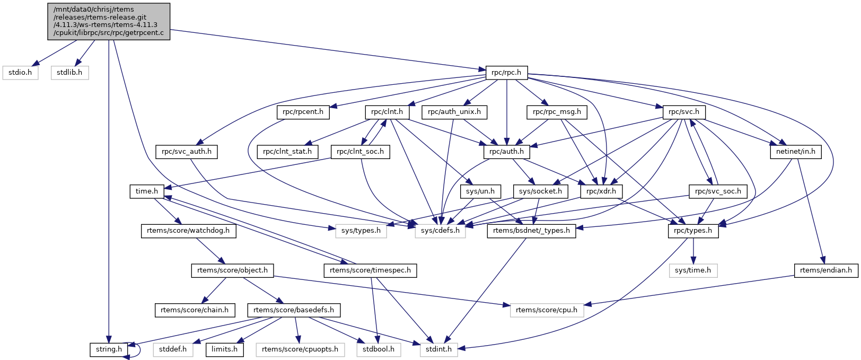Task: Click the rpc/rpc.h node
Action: [506, 73]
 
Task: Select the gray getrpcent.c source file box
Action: [109, 21]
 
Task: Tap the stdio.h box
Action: [21, 73]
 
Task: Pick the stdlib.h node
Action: [69, 73]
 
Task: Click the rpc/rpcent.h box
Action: [303, 112]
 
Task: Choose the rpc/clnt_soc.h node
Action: [361, 152]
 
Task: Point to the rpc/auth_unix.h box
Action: [454, 112]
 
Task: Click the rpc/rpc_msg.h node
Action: [557, 112]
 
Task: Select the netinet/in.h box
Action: [795, 152]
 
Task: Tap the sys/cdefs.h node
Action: [441, 231]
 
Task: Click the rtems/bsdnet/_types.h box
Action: [531, 231]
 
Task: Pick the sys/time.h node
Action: [693, 270]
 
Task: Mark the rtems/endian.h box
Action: [826, 270]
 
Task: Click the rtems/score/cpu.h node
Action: [547, 310]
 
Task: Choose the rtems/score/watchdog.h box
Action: [188, 231]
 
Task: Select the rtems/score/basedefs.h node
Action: [294, 310]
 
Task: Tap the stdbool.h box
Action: [379, 349]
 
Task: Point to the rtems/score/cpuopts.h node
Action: [300, 349]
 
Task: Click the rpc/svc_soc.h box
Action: [718, 191]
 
